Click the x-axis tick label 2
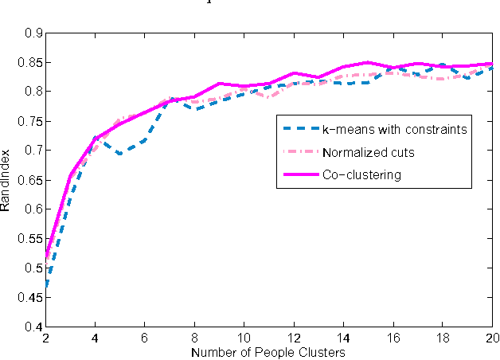pos(45,338)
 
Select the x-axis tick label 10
pos(244,338)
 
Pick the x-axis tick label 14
pos(344,338)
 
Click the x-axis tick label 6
pos(145,338)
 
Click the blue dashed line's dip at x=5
pos(120,154)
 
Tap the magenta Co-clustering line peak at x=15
pos(369,62)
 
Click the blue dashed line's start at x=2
pos(45,286)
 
